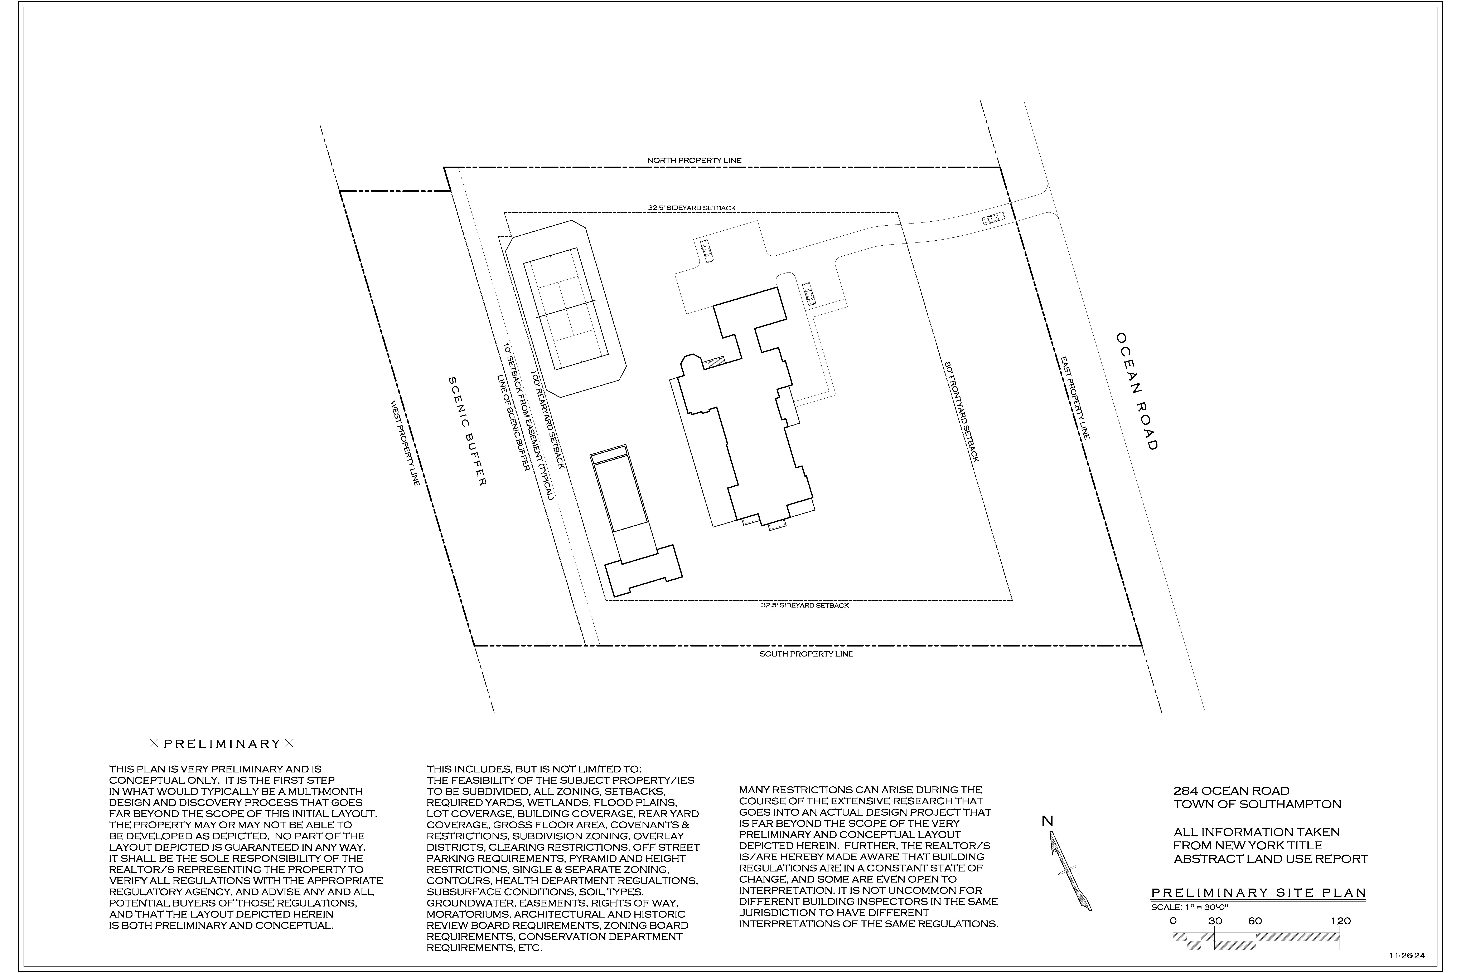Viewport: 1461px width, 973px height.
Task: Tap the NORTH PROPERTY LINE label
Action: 694,160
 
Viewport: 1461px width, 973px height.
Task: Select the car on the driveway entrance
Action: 993,218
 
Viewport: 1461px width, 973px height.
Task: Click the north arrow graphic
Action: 1070,871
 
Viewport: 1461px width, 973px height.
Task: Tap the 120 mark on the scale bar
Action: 1341,921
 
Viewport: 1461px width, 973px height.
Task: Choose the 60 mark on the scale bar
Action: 1255,921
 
